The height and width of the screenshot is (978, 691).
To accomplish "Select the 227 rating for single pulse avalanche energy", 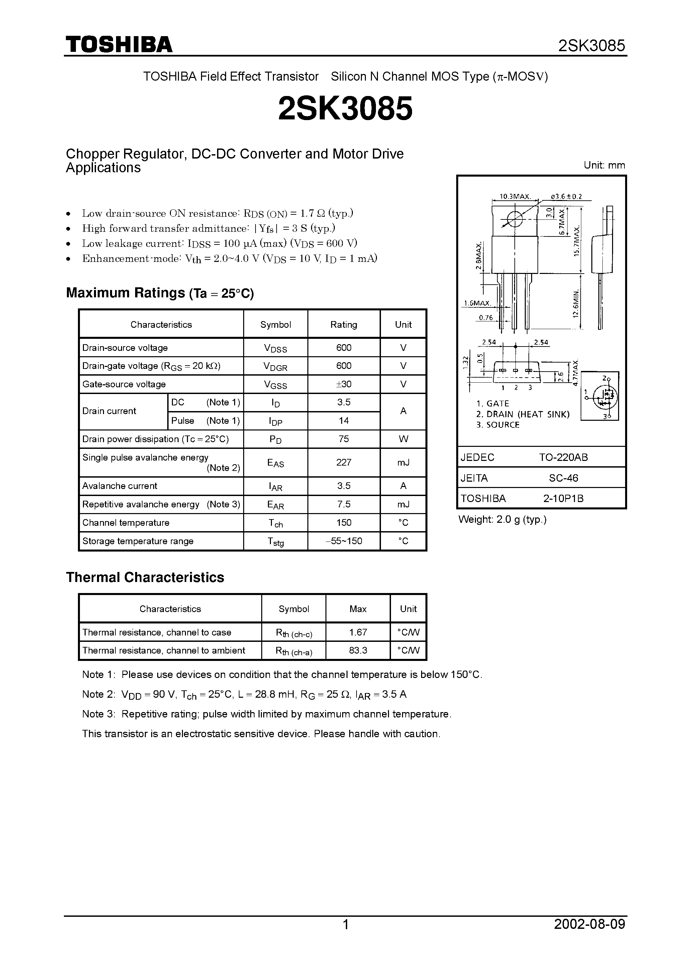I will point(343,462).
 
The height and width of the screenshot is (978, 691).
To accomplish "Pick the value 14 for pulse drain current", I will point(343,421).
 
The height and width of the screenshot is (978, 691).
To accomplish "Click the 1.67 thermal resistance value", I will point(358,632).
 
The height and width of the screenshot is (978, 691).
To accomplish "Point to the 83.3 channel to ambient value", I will point(358,651).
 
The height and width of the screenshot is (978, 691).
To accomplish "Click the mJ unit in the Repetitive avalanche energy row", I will point(403,504).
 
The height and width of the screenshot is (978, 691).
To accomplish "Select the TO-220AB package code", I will point(563,458).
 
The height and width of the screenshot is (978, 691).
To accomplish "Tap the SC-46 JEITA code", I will point(563,478).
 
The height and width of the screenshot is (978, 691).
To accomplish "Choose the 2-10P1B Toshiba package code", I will point(563,498).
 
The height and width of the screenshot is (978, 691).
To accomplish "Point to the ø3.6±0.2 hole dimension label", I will point(566,197).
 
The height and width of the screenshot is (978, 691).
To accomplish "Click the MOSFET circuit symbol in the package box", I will point(600,396).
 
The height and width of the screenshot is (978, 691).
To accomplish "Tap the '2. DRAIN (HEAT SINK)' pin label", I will point(523,414).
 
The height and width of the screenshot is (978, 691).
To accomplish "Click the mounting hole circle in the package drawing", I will point(515,219).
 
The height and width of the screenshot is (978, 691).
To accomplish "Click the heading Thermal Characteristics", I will point(145,577).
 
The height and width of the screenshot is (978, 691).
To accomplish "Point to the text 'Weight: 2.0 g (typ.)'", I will point(502,519).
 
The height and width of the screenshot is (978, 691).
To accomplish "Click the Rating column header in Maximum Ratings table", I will point(343,324).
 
